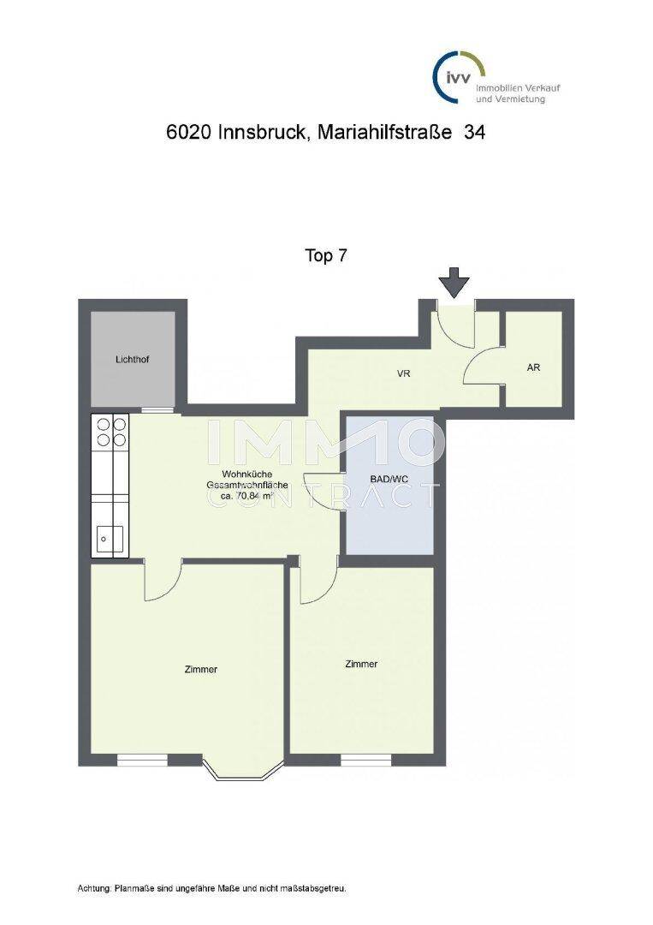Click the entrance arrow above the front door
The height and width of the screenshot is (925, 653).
pyautogui.click(x=454, y=282)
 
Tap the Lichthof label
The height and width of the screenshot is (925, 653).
pyautogui.click(x=132, y=359)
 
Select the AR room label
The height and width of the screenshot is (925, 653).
pyautogui.click(x=533, y=367)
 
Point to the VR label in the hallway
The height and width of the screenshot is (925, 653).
pyautogui.click(x=404, y=373)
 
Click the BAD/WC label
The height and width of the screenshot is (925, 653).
pyautogui.click(x=389, y=479)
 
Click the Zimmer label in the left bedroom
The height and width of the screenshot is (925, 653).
pyautogui.click(x=201, y=669)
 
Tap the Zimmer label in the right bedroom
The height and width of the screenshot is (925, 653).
pyautogui.click(x=361, y=664)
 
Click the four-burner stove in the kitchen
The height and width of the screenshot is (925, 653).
pyautogui.click(x=110, y=431)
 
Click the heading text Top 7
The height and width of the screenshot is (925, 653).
pyautogui.click(x=326, y=255)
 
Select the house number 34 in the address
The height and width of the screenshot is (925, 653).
pyautogui.click(x=475, y=132)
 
